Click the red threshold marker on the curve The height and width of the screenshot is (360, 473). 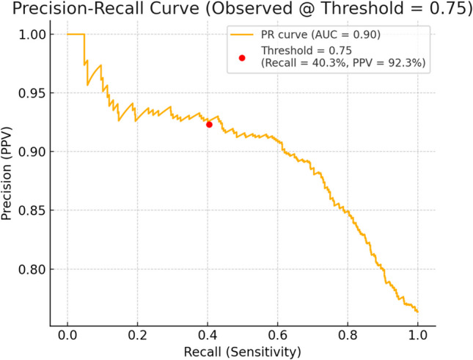209,125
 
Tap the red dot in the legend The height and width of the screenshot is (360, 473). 242,57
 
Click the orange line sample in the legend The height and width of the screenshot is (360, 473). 242,34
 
